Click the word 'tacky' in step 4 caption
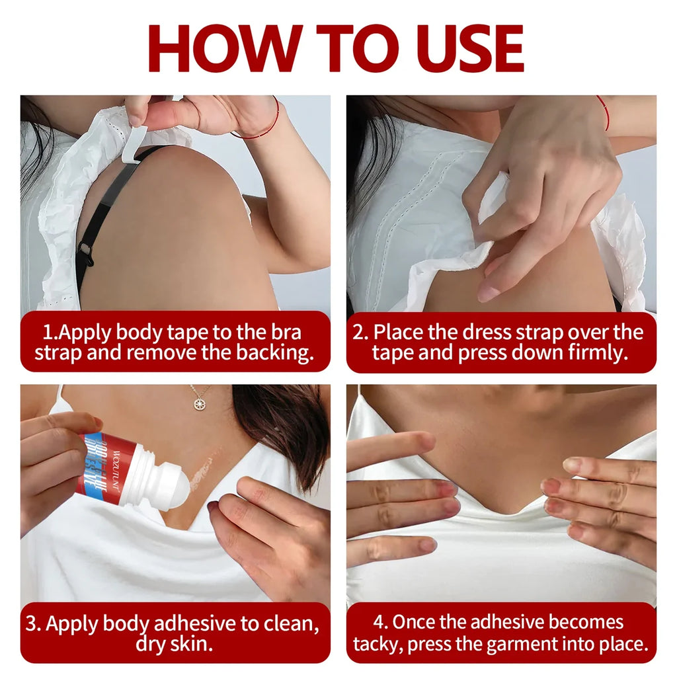[x=378, y=643]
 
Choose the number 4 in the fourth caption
[x=378, y=623]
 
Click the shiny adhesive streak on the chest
[x=205, y=469]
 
